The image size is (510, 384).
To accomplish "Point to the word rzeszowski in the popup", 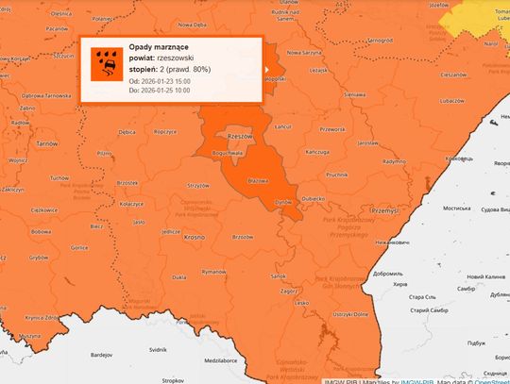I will pyautogui.click(x=179, y=58).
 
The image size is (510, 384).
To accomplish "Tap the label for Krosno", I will pyautogui.click(x=194, y=238).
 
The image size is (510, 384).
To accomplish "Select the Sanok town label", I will pyautogui.click(x=278, y=275).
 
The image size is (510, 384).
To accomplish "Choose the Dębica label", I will pyautogui.click(x=127, y=132).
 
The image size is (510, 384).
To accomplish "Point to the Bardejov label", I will pyautogui.click(x=100, y=356).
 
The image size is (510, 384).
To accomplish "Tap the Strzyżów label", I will pyautogui.click(x=198, y=185).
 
